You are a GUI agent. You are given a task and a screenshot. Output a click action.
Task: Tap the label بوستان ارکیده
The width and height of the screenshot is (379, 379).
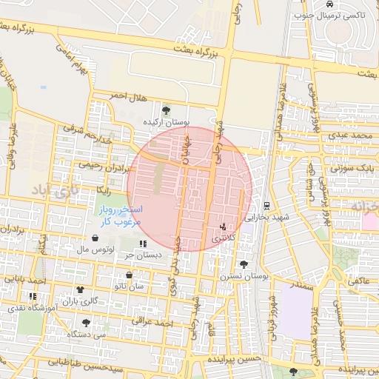tap(167, 121)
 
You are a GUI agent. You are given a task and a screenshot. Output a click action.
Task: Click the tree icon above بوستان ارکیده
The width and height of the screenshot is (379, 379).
tap(165, 111)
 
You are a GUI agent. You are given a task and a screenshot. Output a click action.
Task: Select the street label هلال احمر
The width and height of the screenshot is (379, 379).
tap(124, 96)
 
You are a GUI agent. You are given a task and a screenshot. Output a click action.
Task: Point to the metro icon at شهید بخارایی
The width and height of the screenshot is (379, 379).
tap(266, 206)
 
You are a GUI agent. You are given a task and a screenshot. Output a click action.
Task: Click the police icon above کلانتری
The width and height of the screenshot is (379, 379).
tap(223, 227)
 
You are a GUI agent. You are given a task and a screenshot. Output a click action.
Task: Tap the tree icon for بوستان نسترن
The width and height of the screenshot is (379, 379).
tap(244, 264)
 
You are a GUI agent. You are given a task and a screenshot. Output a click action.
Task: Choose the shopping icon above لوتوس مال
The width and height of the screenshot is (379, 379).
tap(95, 238)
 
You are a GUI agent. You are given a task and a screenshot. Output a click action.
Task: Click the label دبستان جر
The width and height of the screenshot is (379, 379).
tap(143, 255)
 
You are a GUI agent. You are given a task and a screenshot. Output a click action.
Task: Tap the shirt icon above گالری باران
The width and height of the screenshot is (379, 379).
tap(80, 289)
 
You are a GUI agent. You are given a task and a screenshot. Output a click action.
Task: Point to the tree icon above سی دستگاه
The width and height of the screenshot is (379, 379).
tap(87, 323)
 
